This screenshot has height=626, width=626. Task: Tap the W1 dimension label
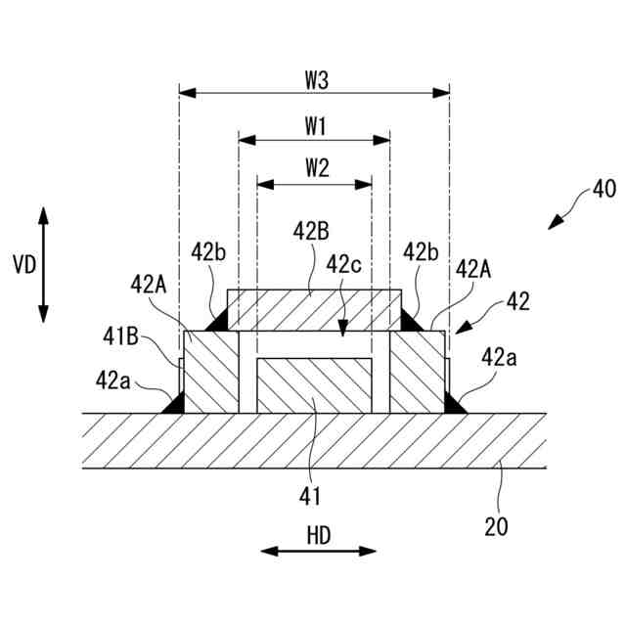pos(315,126)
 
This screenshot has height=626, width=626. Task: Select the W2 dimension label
pos(315,167)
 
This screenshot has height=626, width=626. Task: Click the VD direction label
pos(22,264)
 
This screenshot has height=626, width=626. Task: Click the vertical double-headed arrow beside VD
pos(44,264)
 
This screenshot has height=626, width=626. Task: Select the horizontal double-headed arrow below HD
pos(318,552)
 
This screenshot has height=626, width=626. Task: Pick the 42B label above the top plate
pos(311,231)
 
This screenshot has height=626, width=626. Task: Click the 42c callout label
pos(344,264)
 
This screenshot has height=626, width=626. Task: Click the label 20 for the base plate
pos(496,527)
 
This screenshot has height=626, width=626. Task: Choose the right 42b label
pos(422,252)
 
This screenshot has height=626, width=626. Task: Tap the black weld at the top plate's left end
pos(217,320)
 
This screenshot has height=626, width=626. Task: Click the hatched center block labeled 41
pos(314,385)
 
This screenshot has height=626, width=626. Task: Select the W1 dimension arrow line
pos(314,141)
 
